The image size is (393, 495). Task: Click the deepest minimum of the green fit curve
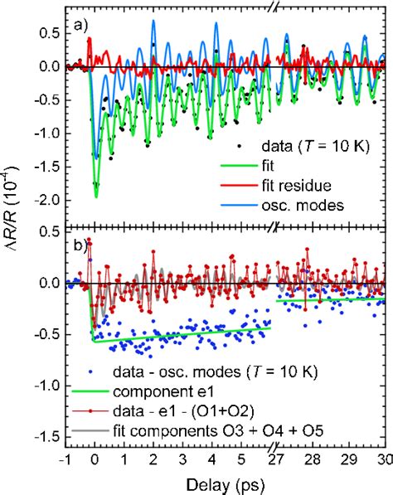coord(96,196)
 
